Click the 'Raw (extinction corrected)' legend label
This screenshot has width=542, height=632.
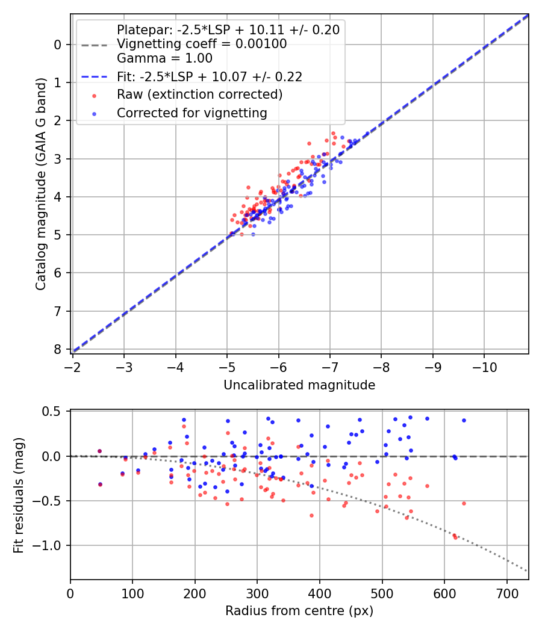coord(199,94)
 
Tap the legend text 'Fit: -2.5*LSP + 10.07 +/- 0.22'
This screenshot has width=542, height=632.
coord(210,76)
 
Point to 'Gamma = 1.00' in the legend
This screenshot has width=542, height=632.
coord(164,58)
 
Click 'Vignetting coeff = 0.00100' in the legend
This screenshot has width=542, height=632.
coord(202,44)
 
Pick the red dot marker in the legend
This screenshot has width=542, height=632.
coord(94,95)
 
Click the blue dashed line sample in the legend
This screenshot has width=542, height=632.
coord(94,77)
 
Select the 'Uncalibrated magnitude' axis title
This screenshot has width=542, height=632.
coord(299,385)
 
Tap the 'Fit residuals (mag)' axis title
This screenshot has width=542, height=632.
coord(19,494)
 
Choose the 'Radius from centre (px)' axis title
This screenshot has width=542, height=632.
coord(299,611)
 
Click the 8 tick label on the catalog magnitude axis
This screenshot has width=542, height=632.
coord(58,349)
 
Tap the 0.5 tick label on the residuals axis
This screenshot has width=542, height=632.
coord(54,412)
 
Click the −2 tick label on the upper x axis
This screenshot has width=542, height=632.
coord(73,367)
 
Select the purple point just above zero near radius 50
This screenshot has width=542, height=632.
coord(100,451)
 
